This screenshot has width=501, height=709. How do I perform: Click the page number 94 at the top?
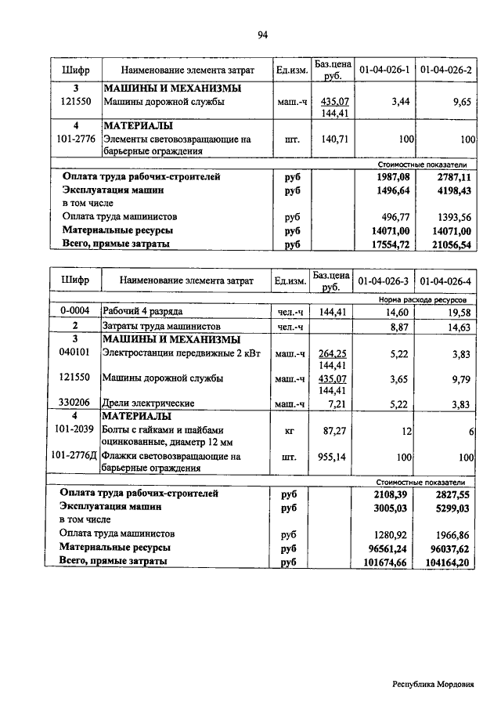pos(263,34)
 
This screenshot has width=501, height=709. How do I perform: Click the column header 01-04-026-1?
pos(384,71)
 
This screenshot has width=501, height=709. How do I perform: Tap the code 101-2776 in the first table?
pos(76,139)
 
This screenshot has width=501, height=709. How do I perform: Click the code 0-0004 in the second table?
pos(76,312)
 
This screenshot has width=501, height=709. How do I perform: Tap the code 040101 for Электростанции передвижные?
pos(76,353)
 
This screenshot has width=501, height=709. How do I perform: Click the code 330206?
pos(76,403)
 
